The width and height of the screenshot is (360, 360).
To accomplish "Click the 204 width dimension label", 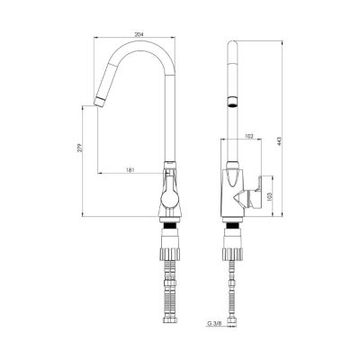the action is (x=139, y=34).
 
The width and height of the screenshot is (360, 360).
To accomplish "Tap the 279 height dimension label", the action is (x=79, y=148).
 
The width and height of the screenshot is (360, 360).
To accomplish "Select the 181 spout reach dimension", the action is (x=130, y=170).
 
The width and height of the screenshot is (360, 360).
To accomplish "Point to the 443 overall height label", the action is (x=279, y=141).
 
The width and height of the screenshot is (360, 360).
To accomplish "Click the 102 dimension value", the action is (x=249, y=136).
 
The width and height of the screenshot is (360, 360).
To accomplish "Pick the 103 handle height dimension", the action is (x=269, y=196).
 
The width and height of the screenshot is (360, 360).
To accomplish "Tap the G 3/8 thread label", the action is (x=214, y=324).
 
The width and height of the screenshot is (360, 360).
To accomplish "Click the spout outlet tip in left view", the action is (x=99, y=102).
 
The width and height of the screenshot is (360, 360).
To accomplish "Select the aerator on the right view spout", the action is (x=232, y=102).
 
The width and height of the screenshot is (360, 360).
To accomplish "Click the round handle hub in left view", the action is (x=170, y=200).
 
